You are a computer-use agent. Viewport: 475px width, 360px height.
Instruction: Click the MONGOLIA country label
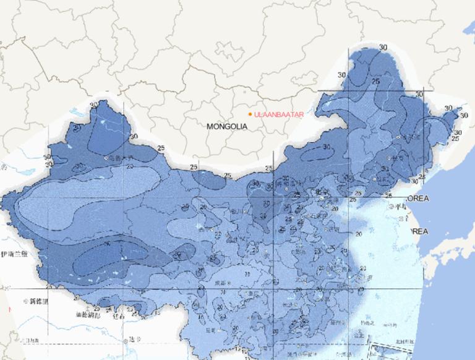pyautogui.click(x=226, y=126)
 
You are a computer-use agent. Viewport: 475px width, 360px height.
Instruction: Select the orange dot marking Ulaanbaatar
pyautogui.click(x=250, y=114)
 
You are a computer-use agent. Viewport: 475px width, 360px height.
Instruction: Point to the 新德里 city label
pyautogui.click(x=36, y=301)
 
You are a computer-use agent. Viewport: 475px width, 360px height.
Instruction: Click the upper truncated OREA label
pyautogui.click(x=418, y=199)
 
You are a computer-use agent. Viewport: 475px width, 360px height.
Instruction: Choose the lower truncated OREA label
pyautogui.click(x=418, y=231)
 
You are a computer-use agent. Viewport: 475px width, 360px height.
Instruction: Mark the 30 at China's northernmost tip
pyautogui.click(x=383, y=48)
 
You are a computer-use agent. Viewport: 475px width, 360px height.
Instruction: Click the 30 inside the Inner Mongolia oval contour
pyautogui.click(x=326, y=147)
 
